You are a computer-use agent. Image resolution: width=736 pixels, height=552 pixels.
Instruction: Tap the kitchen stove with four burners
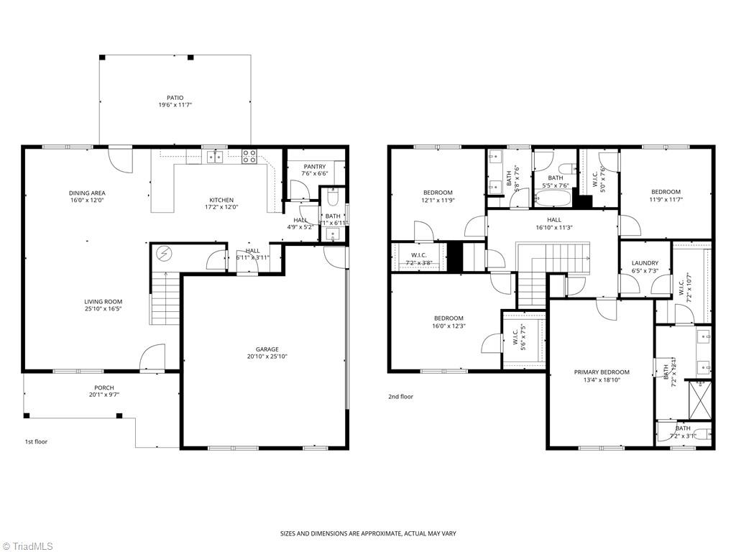tap(249, 156)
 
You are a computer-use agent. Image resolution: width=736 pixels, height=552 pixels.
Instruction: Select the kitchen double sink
tap(215, 157)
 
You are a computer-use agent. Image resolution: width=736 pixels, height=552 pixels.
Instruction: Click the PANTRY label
tap(314, 167)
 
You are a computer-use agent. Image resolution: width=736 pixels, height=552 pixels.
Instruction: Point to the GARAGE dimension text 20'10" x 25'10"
tap(267, 356)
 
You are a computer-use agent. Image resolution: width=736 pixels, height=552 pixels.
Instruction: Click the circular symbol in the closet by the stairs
tap(163, 254)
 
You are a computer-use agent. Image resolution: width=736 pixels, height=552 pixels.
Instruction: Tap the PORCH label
tap(103, 387)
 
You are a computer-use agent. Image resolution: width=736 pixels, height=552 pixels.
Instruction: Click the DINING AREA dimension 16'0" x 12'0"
tap(87, 201)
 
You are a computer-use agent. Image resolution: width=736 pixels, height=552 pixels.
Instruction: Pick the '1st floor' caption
tap(36, 442)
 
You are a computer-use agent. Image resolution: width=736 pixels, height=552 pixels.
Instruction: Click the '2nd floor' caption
tap(401, 397)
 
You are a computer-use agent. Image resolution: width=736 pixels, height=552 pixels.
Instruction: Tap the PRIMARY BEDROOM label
tap(601, 372)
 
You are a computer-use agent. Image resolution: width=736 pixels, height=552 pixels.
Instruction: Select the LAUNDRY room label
tap(645, 263)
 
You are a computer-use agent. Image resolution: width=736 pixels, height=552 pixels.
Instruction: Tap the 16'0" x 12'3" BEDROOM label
tap(448, 318)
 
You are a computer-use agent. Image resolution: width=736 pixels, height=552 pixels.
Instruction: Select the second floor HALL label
tap(553, 221)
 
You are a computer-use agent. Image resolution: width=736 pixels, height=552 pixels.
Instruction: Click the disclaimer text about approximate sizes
tap(368, 533)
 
